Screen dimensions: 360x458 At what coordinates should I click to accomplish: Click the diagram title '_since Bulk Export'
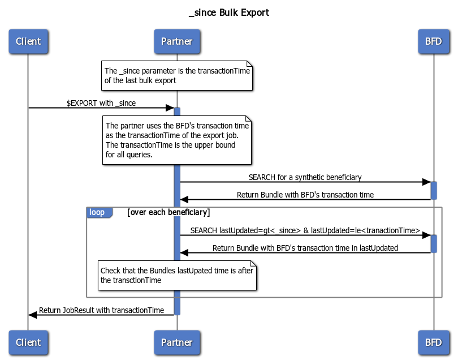tap(229, 12)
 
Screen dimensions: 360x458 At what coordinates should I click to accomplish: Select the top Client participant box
tap(28, 41)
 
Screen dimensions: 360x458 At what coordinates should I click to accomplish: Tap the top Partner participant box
tap(176, 41)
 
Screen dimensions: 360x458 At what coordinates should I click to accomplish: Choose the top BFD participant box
tap(433, 41)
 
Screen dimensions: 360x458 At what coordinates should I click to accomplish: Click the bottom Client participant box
tap(28, 342)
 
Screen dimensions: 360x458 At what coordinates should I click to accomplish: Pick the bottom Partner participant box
tap(176, 342)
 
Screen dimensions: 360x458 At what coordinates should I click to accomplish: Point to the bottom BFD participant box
tap(433, 342)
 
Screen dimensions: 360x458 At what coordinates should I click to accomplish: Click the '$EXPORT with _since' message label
tap(101, 103)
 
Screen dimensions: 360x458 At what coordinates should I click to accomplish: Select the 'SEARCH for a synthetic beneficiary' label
tap(305, 177)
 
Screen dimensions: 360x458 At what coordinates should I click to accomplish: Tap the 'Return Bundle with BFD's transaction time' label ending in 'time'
tap(305, 195)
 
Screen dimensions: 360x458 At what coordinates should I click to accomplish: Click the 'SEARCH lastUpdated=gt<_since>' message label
tap(305, 230)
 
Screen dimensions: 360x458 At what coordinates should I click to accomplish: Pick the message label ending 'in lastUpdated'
tap(305, 248)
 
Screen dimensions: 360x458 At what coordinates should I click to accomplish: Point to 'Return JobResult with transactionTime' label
tap(101, 310)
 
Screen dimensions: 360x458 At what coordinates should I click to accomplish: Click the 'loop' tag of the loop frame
tap(97, 212)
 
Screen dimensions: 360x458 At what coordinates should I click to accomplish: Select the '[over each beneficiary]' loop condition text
tap(168, 212)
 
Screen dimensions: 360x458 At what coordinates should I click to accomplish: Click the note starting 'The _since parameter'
tap(176, 75)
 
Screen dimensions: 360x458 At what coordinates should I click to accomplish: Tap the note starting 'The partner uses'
tap(176, 140)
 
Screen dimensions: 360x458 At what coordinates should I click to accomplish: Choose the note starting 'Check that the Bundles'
tap(177, 275)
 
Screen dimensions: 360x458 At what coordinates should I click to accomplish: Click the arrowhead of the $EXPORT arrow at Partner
tap(170, 108)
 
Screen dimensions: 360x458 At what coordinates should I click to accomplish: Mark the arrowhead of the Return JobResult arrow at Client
tap(33, 315)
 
